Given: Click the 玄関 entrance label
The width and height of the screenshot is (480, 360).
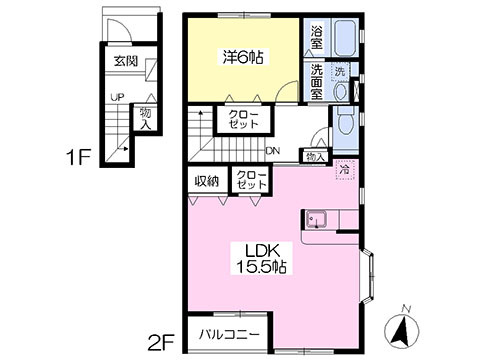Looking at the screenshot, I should (x=125, y=60).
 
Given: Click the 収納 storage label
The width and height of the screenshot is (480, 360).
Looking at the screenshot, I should (x=206, y=180).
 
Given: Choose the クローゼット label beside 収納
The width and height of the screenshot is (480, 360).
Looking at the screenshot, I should (x=249, y=180).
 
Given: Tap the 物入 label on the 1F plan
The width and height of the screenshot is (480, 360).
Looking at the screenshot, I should (x=146, y=118).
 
